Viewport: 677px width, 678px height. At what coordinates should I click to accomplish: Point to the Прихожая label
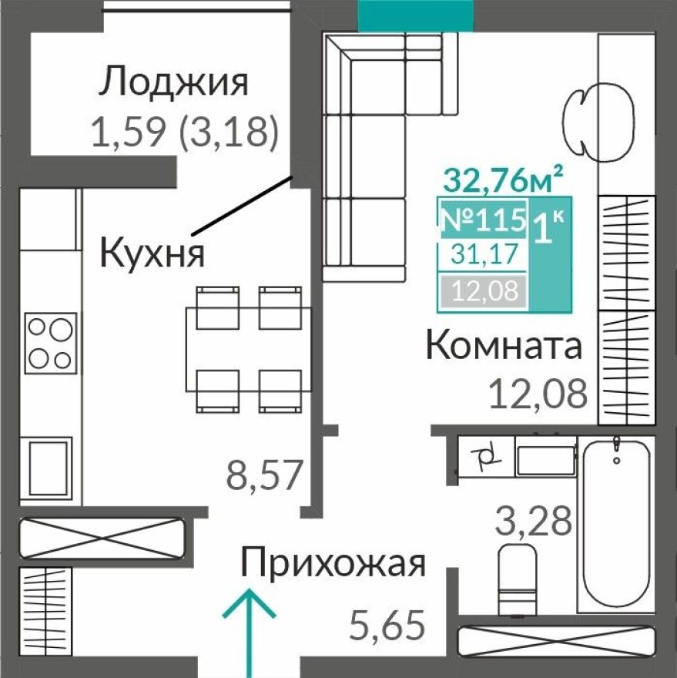333,563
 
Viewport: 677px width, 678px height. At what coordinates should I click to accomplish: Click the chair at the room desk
579,115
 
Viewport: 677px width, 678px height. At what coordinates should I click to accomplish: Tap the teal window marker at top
416,15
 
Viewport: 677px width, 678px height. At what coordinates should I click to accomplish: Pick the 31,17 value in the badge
483,253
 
